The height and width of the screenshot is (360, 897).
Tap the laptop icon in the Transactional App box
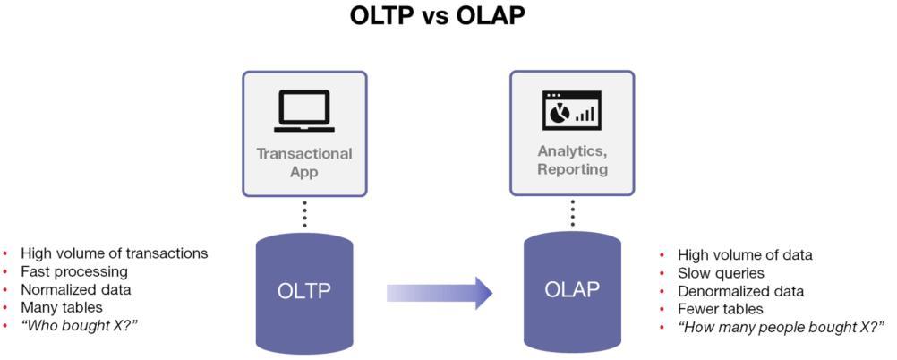click(304, 110)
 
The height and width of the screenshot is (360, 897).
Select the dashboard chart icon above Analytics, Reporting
click(571, 110)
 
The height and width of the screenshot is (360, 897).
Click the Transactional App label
click(304, 161)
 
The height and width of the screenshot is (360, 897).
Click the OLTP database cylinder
click(304, 291)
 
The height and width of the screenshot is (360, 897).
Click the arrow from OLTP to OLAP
click(439, 292)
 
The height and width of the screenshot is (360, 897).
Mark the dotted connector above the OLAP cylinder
click(572, 213)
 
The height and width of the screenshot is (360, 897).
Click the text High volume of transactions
click(114, 253)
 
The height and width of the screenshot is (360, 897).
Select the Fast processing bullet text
click(74, 271)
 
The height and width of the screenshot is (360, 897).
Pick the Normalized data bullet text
click(76, 289)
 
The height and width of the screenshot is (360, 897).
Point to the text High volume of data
click(745, 255)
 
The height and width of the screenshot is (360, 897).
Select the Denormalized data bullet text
click(740, 291)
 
